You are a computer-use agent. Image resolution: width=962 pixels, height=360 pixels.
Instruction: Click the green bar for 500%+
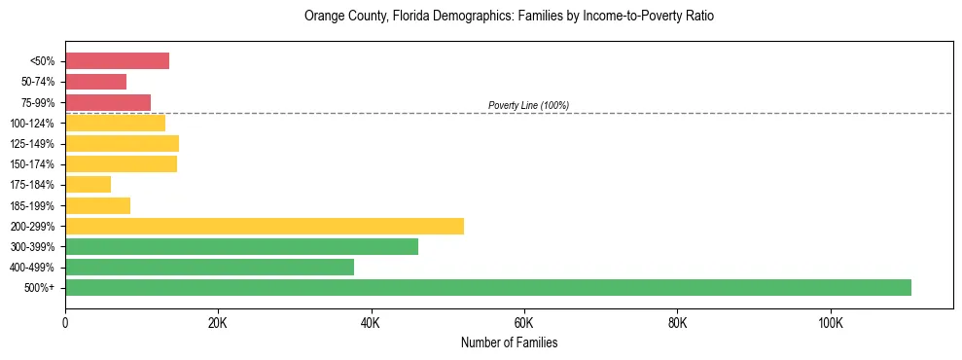tap(488, 287)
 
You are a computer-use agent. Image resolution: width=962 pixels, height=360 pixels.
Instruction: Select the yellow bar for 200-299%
tap(265, 226)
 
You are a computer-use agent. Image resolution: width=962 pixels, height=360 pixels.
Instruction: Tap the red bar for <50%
tap(117, 61)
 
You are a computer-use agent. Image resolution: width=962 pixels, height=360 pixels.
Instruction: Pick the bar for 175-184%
tap(88, 185)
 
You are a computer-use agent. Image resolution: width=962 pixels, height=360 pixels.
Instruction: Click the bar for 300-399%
tap(241, 246)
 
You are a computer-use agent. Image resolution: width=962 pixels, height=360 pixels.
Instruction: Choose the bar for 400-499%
tap(209, 267)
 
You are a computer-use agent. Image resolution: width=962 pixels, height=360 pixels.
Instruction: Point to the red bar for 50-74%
tap(95, 82)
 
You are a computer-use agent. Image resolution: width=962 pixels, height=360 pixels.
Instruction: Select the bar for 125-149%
tap(122, 144)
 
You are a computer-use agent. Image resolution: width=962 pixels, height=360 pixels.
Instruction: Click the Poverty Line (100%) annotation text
tap(528, 105)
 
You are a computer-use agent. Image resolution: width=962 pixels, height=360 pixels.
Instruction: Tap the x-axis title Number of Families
tap(509, 342)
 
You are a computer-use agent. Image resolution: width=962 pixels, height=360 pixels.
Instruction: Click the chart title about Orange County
tap(509, 17)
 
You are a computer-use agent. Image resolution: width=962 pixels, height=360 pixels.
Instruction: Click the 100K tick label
tap(831, 322)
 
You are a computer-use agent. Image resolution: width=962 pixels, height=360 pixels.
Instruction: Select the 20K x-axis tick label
tap(218, 322)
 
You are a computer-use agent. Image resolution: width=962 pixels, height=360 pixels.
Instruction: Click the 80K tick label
tap(678, 322)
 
